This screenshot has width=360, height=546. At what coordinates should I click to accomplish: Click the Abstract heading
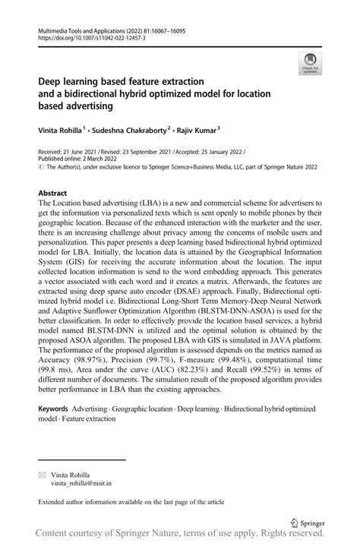tap(53, 193)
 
